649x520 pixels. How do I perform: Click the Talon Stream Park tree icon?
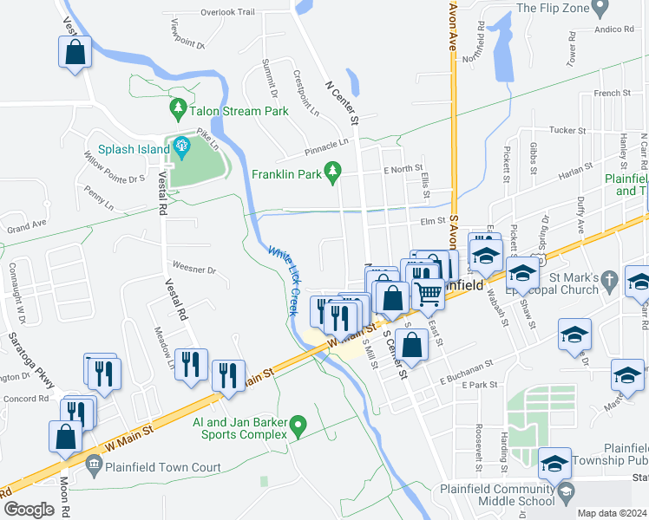click(x=178, y=108)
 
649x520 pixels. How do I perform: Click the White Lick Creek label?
click(x=283, y=280)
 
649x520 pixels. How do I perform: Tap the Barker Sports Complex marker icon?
click(x=298, y=426)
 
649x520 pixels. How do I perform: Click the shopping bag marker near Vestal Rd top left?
click(x=75, y=51)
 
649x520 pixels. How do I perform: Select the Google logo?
click(x=29, y=509)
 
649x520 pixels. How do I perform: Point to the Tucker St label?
click(x=567, y=130)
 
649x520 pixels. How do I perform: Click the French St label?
click(x=612, y=93)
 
